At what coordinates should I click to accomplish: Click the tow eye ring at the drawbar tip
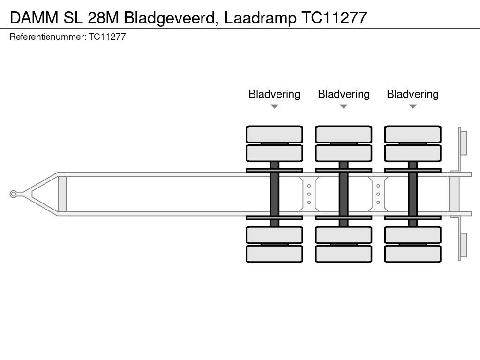(x=14, y=194)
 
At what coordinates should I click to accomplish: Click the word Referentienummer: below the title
(x=47, y=37)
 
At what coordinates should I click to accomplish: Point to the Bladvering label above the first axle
(x=274, y=94)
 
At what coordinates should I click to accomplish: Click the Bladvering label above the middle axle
(x=344, y=94)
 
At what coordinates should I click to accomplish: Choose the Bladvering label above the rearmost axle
(x=412, y=94)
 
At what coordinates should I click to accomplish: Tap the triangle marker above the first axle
(x=274, y=106)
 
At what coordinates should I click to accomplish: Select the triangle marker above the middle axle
(x=344, y=106)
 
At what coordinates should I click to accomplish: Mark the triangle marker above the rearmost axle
(x=412, y=106)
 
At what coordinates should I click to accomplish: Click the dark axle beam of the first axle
(x=274, y=194)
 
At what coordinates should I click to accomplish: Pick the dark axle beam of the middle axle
(x=344, y=194)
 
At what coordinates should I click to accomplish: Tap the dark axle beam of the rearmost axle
(x=412, y=194)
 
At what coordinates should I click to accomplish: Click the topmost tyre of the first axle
(x=274, y=134)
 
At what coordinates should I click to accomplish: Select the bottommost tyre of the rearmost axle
(x=412, y=254)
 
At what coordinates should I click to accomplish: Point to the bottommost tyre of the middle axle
(x=344, y=254)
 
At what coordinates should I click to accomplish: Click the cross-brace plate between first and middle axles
(x=309, y=194)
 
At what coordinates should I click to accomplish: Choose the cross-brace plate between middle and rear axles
(x=378, y=194)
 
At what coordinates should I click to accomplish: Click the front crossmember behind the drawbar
(x=62, y=194)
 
